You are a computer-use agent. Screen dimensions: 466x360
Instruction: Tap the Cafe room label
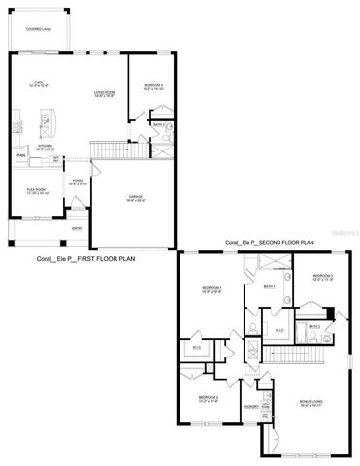pyautogui.click(x=40, y=84)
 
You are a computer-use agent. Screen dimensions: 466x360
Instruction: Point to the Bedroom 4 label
pyautogui.click(x=151, y=85)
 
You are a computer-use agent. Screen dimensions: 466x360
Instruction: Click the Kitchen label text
pyautogui.click(x=45, y=147)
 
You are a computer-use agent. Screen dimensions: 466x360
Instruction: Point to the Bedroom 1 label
pyautogui.click(x=212, y=289)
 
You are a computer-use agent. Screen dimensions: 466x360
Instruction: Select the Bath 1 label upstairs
pyautogui.click(x=271, y=287)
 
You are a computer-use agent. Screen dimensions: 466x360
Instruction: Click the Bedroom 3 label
pyautogui.click(x=323, y=278)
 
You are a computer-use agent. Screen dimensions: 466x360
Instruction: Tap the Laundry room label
pyautogui.click(x=249, y=407)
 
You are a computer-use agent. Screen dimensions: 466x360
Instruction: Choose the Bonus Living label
pyautogui.click(x=311, y=401)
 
